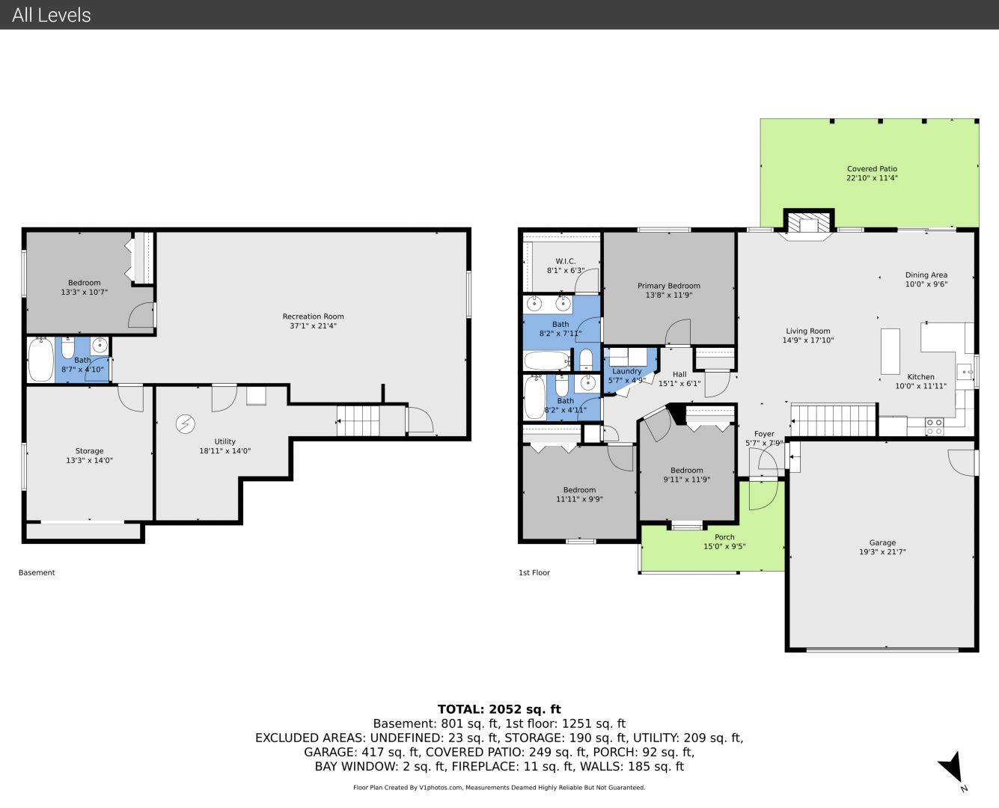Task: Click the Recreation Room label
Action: pyautogui.click(x=313, y=316)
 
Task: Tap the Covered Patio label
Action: pyautogui.click(x=872, y=169)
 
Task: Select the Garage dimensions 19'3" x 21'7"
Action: pyautogui.click(x=882, y=552)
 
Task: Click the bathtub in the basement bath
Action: pyautogui.click(x=41, y=360)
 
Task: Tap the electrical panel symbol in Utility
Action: pyautogui.click(x=186, y=424)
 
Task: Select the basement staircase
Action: pyautogui.click(x=358, y=420)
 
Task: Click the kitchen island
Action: pyautogui.click(x=890, y=351)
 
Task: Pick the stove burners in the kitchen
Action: pyautogui.click(x=934, y=426)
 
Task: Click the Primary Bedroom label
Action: pyautogui.click(x=668, y=286)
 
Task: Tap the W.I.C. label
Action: pyautogui.click(x=566, y=261)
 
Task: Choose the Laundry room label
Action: pyautogui.click(x=626, y=371)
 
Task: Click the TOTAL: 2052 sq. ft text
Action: pyautogui.click(x=499, y=709)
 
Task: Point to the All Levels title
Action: pyautogui.click(x=51, y=15)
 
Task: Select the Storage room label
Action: pyautogui.click(x=89, y=451)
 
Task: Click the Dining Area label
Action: pyautogui.click(x=926, y=275)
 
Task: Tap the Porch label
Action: pyautogui.click(x=724, y=537)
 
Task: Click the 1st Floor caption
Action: pyautogui.click(x=534, y=572)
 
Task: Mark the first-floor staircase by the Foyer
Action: pyautogui.click(x=834, y=420)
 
